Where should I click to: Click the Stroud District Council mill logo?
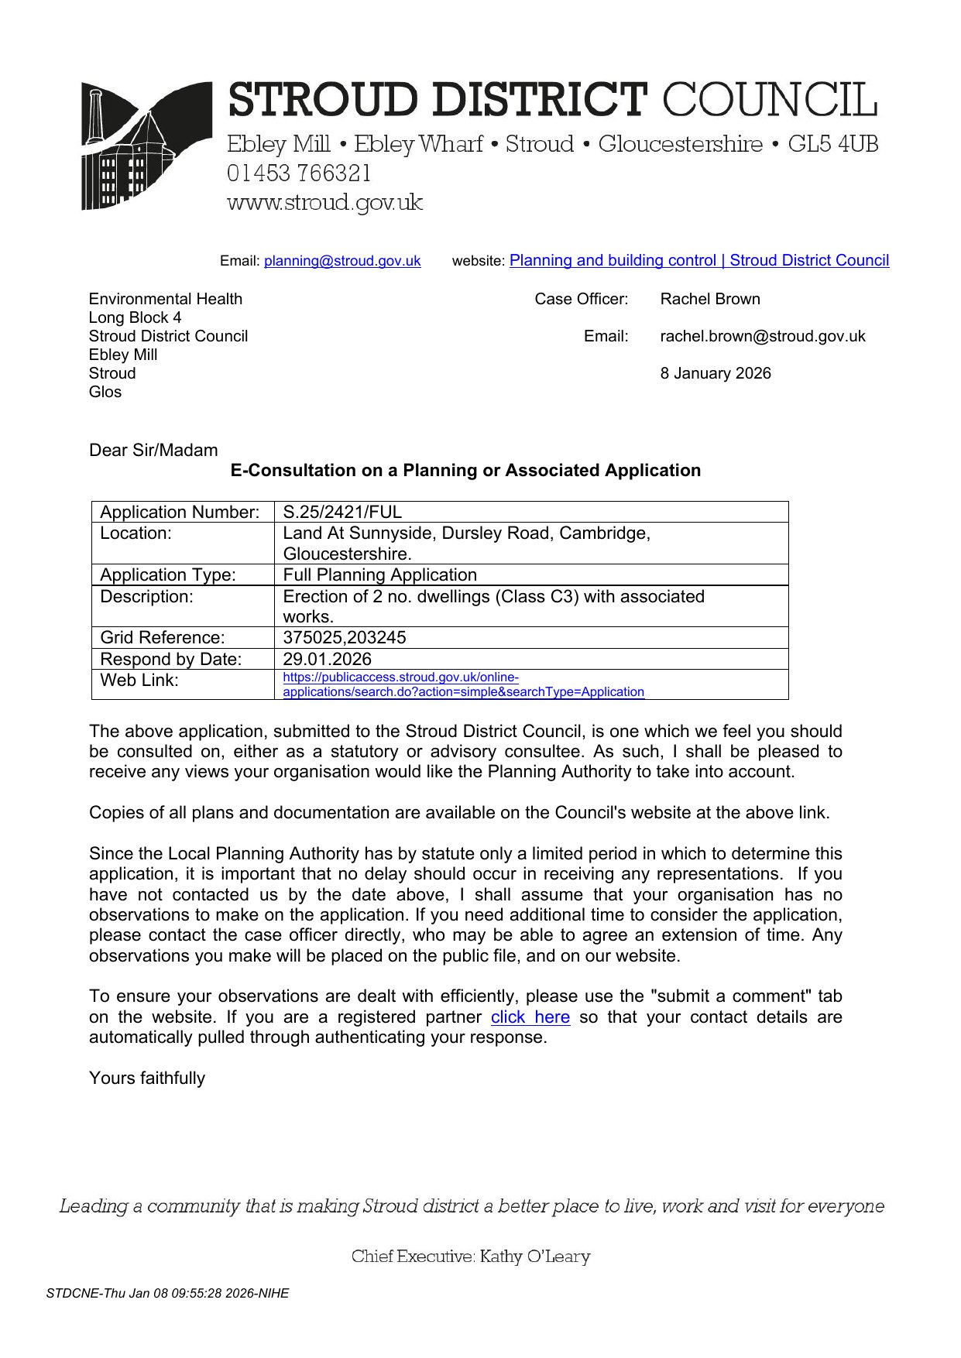coord(146,146)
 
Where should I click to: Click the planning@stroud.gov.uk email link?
coord(342,261)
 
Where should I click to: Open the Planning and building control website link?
coord(698,260)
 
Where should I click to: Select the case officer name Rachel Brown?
coord(709,299)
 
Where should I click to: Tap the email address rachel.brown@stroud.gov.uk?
coord(762,336)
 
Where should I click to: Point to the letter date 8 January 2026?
coord(715,373)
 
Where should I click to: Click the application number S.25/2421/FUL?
coord(342,512)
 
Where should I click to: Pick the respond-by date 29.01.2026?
coord(327,659)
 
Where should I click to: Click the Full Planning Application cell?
coord(379,574)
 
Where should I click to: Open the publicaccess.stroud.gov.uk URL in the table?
coord(463,684)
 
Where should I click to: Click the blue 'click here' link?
coord(530,1017)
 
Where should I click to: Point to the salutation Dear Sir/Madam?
coord(153,450)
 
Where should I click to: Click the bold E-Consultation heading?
coord(465,470)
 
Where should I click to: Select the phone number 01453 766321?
coord(299,173)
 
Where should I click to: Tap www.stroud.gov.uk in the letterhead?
coord(324,202)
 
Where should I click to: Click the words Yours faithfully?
coord(147,1078)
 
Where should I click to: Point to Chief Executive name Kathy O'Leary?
coord(534,1256)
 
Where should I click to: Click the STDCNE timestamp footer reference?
coord(167,1293)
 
